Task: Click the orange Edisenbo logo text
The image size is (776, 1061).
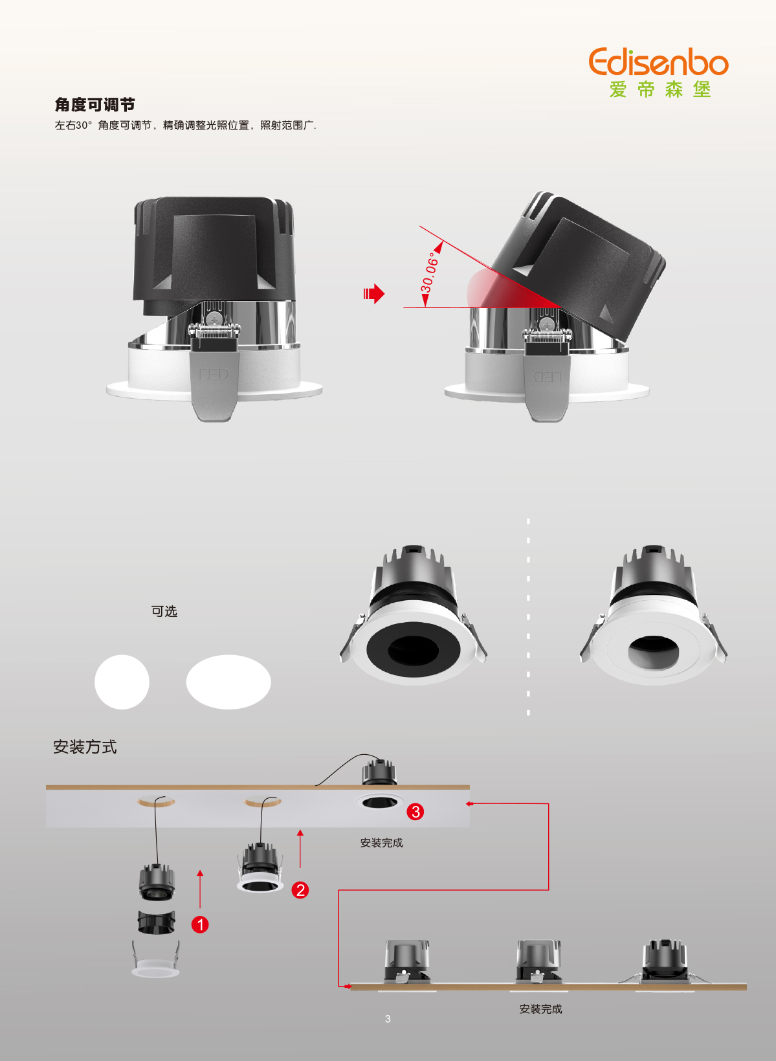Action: click(x=658, y=61)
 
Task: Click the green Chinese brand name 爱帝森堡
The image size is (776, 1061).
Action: click(x=660, y=89)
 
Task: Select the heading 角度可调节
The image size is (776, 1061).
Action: click(x=94, y=105)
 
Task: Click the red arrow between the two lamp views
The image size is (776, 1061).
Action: click(x=374, y=294)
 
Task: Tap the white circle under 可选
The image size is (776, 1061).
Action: click(x=122, y=682)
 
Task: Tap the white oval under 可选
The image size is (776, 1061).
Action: click(x=228, y=682)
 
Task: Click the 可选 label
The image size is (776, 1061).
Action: click(x=164, y=611)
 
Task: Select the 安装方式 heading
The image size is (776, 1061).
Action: click(x=85, y=747)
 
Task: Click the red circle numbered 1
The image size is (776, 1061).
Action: click(x=200, y=924)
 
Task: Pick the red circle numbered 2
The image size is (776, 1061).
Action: click(x=300, y=890)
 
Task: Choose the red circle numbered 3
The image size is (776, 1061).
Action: click(x=416, y=812)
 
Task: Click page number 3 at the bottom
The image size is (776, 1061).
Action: click(x=388, y=1019)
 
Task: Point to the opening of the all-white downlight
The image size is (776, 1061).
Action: click(x=654, y=653)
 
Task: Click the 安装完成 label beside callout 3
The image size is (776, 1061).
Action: click(x=382, y=843)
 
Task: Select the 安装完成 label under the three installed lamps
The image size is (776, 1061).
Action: click(x=540, y=1009)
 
